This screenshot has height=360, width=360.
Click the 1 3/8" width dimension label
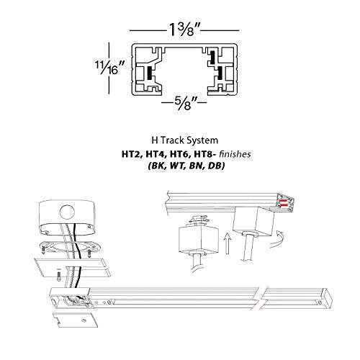point(180,31)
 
